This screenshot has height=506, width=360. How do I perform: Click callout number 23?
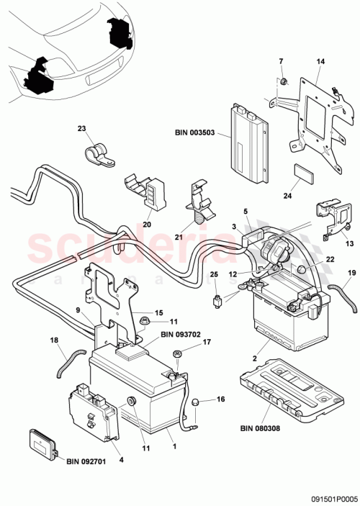point(81,129)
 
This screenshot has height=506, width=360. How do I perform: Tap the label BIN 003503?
point(195,133)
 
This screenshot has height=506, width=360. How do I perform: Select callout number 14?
point(320,63)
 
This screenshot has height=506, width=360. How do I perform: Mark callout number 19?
point(352,274)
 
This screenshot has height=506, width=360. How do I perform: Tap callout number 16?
point(220,398)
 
